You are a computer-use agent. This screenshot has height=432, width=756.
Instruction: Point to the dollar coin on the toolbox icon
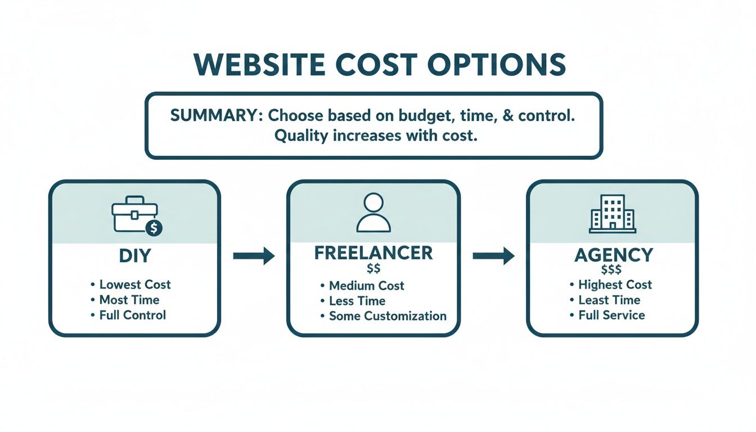[x=152, y=228]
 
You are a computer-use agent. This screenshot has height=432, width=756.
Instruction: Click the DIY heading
[x=135, y=256]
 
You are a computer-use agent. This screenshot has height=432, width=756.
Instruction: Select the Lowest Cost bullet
[x=134, y=284]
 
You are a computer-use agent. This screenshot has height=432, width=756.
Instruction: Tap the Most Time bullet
[x=129, y=299]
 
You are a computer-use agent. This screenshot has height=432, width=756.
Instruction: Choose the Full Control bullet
[x=132, y=314]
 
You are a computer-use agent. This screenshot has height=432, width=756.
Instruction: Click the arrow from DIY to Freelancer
[x=254, y=256]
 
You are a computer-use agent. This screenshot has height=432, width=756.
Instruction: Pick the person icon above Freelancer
[x=373, y=213]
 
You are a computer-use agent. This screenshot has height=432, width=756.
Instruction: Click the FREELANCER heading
[x=373, y=253]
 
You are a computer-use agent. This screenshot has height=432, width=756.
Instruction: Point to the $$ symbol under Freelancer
[x=373, y=268]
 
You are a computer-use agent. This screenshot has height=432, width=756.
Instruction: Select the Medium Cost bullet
[x=366, y=285]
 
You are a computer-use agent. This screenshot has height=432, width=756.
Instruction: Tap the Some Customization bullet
[x=388, y=316]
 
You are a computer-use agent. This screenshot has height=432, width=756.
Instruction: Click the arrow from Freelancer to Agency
[x=493, y=256]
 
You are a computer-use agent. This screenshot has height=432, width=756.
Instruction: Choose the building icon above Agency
[x=612, y=214]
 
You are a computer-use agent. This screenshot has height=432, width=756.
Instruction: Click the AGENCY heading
[x=613, y=255]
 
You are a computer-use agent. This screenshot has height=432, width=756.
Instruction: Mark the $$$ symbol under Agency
[x=611, y=270]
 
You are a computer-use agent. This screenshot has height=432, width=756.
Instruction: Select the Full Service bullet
[x=611, y=314]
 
